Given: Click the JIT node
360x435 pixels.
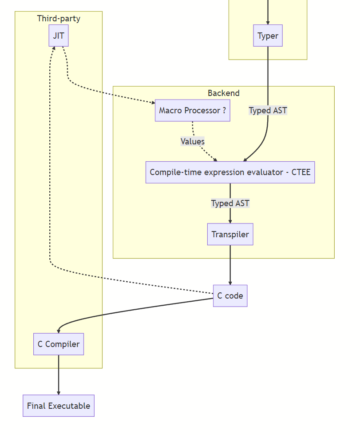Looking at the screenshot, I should click(59, 36).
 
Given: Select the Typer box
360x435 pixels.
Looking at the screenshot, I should click(268, 36).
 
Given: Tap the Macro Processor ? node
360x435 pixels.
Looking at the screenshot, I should click(192, 111).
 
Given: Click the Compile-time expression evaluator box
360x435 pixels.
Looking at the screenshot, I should click(230, 172).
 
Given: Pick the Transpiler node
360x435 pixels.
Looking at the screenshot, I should click(230, 234).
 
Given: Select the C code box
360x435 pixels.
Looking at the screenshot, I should click(230, 296).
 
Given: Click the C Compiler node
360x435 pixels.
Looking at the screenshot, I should click(59, 344).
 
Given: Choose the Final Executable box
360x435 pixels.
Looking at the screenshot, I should click(59, 406).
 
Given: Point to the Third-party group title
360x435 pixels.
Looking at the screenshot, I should click(59, 19).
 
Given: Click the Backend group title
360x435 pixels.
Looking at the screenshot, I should click(223, 93).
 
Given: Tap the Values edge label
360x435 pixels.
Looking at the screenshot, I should click(193, 142).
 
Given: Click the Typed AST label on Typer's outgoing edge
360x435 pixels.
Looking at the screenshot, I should click(268, 111).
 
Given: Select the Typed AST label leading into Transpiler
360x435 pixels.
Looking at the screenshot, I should click(230, 204).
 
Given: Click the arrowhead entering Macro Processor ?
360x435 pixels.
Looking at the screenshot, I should click(152, 103).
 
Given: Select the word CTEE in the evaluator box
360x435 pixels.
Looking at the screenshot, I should click(301, 172).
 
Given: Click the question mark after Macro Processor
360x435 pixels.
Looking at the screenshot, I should click(224, 111).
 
